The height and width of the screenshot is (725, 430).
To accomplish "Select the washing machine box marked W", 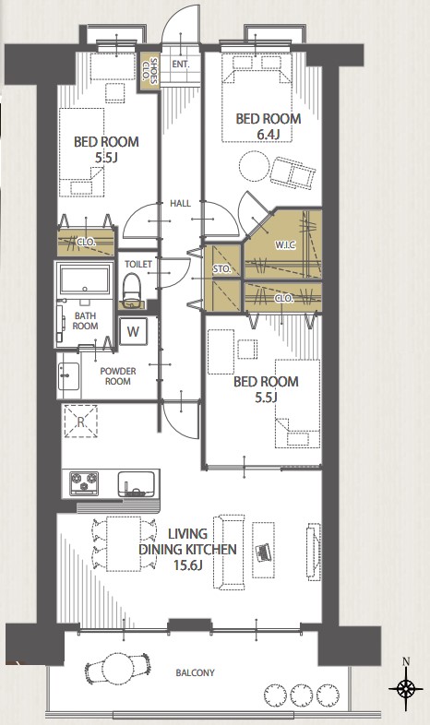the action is (133, 331).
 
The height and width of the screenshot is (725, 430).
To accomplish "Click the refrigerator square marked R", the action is (81, 422).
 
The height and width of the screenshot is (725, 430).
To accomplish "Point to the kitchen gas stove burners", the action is (84, 483).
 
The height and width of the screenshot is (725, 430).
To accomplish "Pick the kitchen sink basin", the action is (136, 483).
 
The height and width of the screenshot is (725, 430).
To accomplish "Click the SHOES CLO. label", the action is (150, 71).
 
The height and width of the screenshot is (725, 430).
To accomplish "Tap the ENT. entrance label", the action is (181, 65).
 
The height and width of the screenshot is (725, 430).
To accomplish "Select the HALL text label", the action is (180, 203).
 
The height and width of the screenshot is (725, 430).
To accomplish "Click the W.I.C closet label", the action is (285, 245).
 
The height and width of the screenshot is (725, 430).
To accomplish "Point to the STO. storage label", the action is (222, 268).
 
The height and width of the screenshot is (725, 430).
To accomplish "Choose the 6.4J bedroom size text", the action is (269, 135).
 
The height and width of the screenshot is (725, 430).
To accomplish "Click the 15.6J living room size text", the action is (187, 565).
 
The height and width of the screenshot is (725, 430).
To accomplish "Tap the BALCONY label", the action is (195, 672).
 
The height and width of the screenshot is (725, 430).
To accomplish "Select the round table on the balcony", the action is (118, 668).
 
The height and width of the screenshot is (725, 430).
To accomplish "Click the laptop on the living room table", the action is (263, 553).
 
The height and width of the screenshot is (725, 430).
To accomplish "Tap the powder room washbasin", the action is (68, 376).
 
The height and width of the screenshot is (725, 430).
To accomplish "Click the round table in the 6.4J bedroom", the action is (254, 166).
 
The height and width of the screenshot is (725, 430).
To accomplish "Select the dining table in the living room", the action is (124, 544).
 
